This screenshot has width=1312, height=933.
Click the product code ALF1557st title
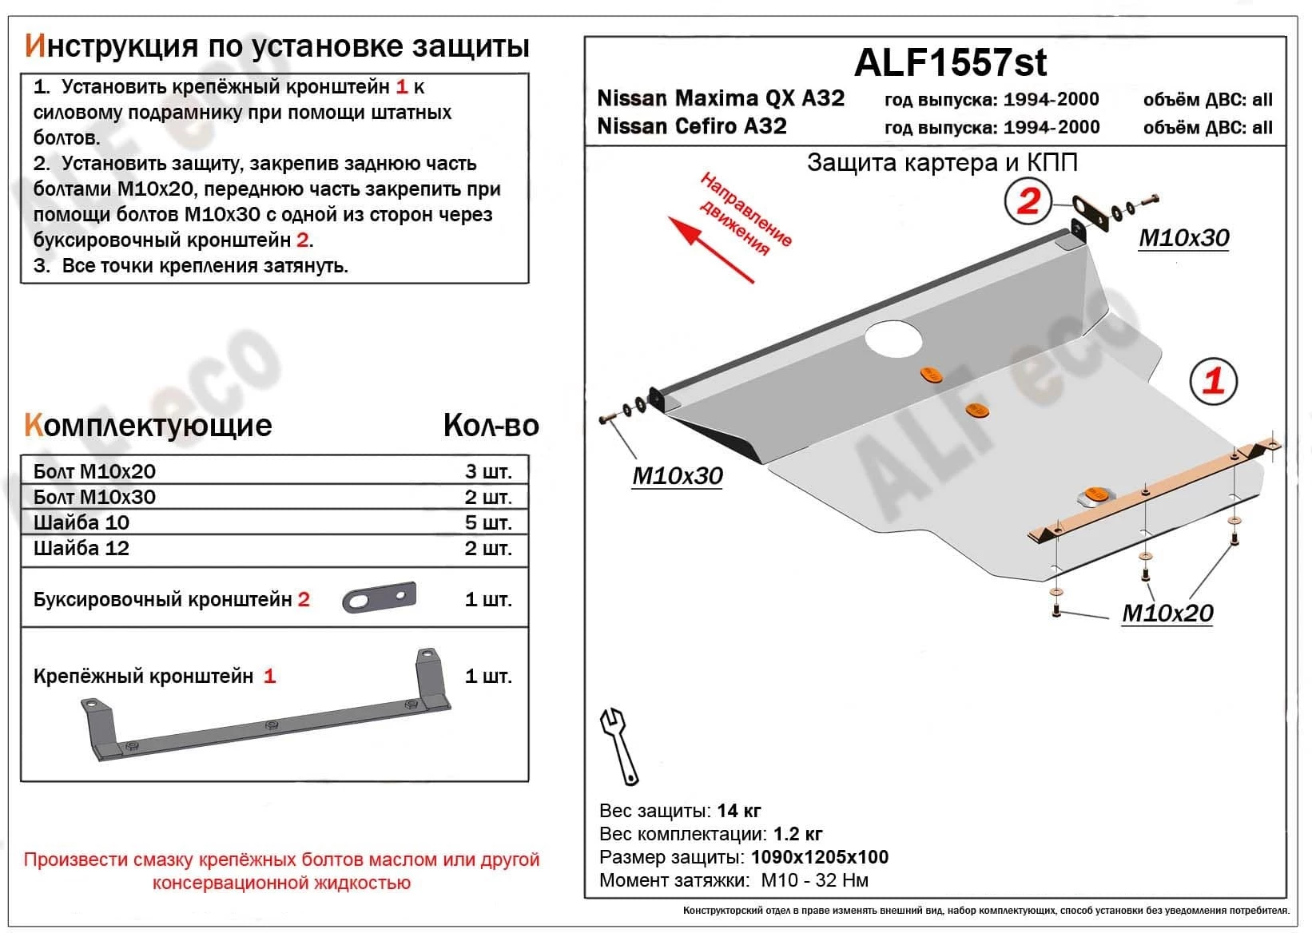(950, 62)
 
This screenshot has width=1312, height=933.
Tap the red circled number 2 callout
(1028, 200)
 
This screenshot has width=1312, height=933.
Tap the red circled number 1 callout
(1213, 380)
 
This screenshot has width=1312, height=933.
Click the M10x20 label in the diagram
(1167, 613)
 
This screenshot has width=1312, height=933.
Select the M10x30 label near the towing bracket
(1183, 238)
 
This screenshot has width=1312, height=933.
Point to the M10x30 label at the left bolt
(678, 476)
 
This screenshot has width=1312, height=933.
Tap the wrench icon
(619, 745)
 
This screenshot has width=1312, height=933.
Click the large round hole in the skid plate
(893, 338)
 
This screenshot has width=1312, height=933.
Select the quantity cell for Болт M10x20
(487, 471)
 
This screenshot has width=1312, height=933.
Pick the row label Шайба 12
(82, 548)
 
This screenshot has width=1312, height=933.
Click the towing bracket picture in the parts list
(380, 597)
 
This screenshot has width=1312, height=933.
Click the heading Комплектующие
(149, 425)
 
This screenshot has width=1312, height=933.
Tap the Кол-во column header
(491, 426)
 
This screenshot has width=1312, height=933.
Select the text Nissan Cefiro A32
(692, 126)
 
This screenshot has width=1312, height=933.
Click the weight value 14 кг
(739, 811)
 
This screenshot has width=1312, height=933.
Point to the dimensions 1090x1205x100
(820, 857)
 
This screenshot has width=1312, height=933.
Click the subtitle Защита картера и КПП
(942, 163)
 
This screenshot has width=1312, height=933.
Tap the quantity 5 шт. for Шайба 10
(487, 522)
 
